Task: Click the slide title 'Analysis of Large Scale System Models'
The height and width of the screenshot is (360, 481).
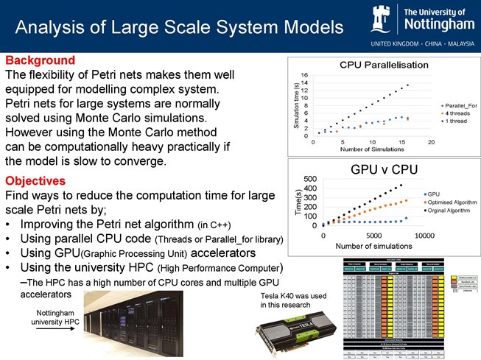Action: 179,28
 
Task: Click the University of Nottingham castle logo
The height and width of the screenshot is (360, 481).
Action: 385,18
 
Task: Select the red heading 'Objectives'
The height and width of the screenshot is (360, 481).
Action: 36,181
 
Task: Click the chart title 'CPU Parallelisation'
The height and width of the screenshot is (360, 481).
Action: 383,65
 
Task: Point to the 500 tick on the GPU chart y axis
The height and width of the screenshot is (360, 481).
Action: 310,179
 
